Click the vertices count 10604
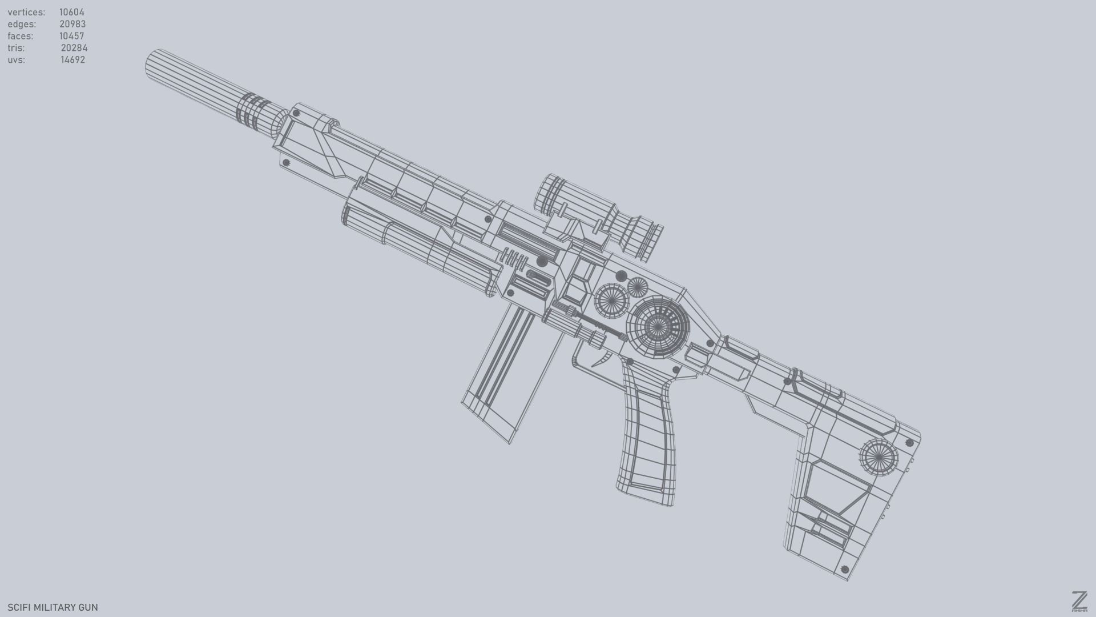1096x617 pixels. (72, 12)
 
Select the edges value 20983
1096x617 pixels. (72, 24)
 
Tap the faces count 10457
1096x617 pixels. (72, 36)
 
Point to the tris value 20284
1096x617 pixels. (74, 48)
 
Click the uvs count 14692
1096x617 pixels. (73, 60)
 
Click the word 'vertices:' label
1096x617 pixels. (26, 12)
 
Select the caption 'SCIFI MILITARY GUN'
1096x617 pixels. (53, 607)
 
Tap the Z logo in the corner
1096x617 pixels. (1079, 601)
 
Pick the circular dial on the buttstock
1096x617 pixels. (878, 457)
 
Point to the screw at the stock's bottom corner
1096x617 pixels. (845, 570)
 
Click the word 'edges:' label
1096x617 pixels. (22, 24)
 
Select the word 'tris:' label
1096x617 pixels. (16, 48)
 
